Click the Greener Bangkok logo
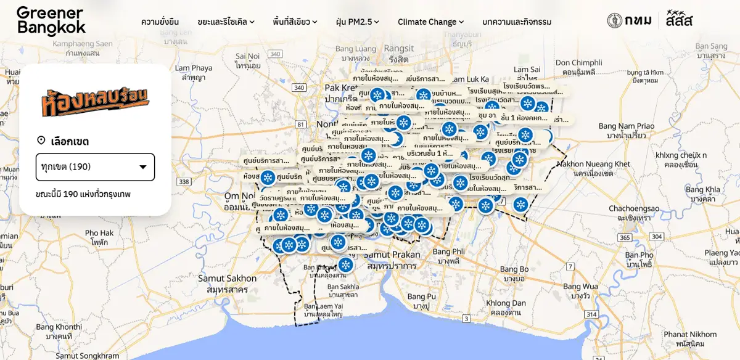(51, 21)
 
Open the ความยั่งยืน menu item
(160, 22)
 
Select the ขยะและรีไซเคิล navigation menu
(226, 22)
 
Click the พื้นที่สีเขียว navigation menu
(295, 22)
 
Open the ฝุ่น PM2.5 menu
(357, 22)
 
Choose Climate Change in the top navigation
(430, 22)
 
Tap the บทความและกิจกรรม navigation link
(517, 22)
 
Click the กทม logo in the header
(629, 20)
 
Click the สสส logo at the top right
(679, 20)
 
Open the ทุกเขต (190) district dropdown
(95, 167)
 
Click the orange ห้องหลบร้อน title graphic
(95, 102)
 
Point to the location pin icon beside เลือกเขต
(41, 141)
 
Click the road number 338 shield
(184, 181)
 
